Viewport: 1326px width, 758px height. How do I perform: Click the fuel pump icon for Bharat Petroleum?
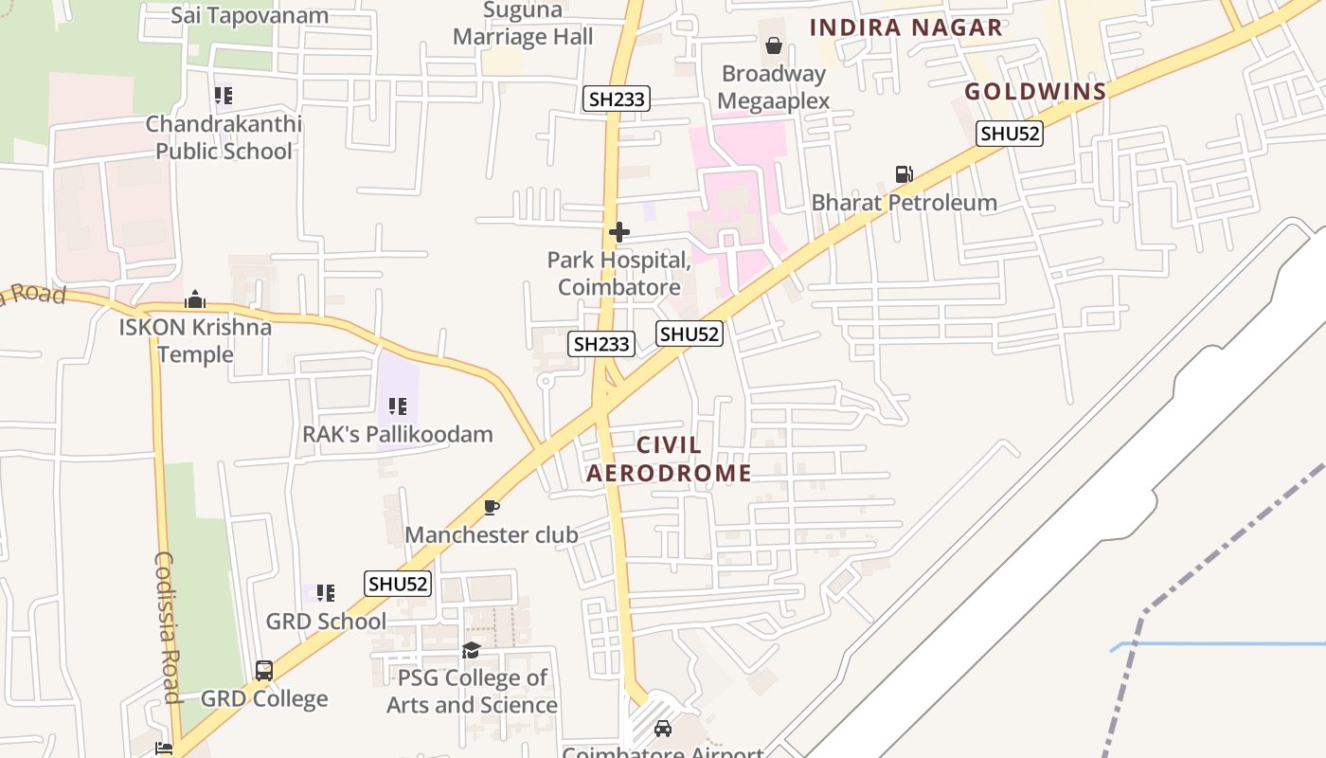coord(904,174)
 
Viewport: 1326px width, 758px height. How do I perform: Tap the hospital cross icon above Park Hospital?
coord(619,232)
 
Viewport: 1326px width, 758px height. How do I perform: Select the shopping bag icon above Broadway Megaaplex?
coord(774,45)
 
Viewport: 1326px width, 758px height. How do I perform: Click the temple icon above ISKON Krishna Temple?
coord(195,300)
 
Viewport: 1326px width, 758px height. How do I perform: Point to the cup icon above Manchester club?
coord(491,508)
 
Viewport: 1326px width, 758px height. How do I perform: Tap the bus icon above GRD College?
coord(264,671)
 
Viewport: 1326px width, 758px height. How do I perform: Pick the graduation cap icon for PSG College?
coord(471,650)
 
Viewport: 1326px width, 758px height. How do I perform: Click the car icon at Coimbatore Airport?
coord(663,728)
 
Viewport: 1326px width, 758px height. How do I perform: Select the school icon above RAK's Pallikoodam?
coord(398,406)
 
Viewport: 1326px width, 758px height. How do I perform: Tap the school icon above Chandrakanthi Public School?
coord(224,96)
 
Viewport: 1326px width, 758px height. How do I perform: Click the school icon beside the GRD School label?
coord(326,593)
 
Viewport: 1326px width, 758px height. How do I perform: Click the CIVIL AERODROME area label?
coord(669,459)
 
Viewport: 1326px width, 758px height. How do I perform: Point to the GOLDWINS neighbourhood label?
coord(1035,92)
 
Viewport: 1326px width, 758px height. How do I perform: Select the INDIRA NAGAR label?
coord(905,27)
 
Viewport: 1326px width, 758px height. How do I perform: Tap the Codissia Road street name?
coord(167,627)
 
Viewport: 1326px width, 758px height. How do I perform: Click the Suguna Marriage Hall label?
coord(523,25)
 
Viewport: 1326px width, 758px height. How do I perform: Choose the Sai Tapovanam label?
coord(250,15)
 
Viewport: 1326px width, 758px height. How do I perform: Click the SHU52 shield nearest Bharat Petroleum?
coord(1010,135)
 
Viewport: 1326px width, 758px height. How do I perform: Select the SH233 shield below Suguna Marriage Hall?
coord(616,99)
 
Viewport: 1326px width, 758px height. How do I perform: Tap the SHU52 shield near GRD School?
coord(398,584)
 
